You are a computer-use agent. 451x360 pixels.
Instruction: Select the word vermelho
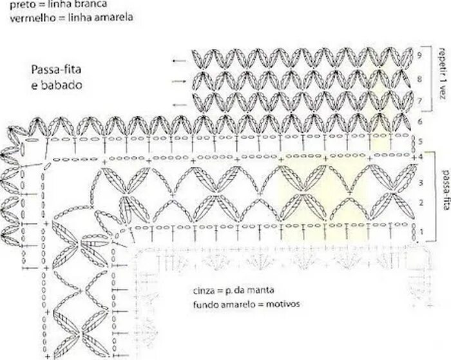30,17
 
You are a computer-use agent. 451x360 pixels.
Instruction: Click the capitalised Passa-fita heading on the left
52,70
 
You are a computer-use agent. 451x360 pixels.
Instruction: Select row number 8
419,79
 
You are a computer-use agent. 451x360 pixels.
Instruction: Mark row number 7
419,102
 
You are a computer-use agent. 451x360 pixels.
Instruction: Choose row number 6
419,121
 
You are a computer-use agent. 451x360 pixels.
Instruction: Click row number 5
419,142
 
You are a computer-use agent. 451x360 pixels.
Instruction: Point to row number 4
419,156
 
